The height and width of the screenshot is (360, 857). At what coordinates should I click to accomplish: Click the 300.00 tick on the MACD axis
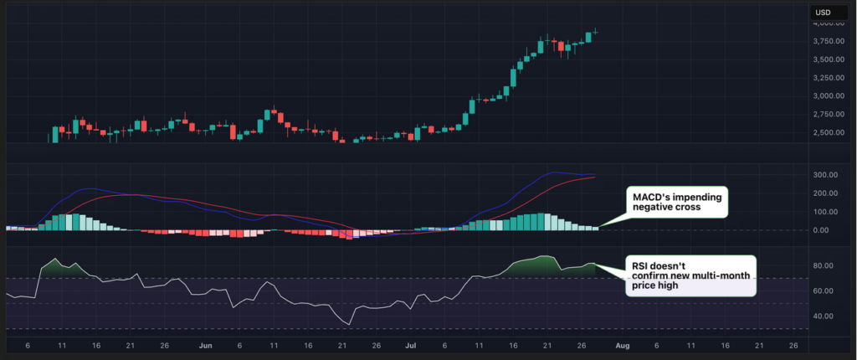[825, 175]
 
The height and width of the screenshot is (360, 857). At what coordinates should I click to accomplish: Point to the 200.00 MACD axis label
[825, 193]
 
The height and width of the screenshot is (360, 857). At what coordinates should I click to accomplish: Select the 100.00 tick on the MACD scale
[825, 212]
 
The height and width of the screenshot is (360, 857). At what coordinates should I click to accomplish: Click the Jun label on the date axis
[204, 345]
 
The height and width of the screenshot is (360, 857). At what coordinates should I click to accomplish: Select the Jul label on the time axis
[410, 345]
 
